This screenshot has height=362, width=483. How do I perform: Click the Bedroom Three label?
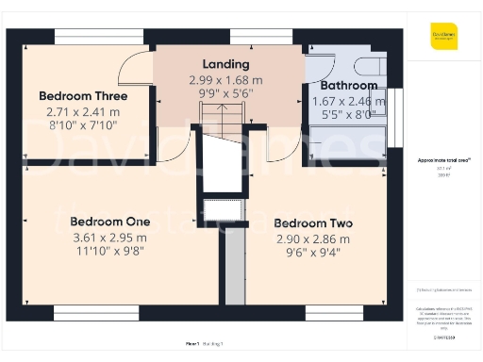(x=83, y=95)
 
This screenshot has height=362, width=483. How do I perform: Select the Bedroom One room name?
(x=108, y=222)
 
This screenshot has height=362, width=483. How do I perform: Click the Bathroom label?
(x=342, y=86)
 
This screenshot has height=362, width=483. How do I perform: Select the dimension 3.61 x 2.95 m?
(x=108, y=238)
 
